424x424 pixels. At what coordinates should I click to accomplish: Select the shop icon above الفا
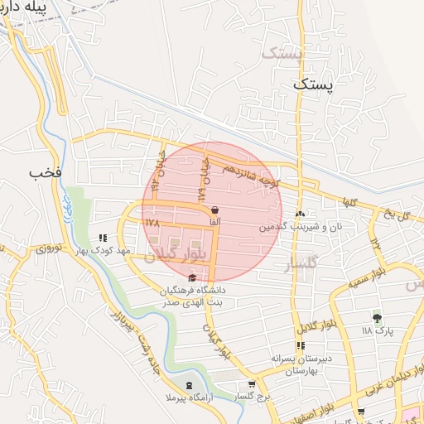(215, 210)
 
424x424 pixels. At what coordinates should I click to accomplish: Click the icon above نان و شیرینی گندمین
(301, 213)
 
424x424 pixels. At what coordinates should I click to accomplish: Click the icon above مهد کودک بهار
(103, 237)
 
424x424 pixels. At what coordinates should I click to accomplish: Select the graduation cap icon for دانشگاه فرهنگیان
(193, 278)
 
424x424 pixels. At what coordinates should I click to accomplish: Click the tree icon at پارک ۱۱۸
(378, 317)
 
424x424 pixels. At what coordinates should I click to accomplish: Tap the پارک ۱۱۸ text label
(378, 330)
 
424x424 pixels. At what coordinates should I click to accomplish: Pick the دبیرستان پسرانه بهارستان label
(302, 365)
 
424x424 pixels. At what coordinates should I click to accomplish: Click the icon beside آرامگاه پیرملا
(190, 387)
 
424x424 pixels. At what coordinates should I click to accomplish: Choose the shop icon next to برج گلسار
(252, 385)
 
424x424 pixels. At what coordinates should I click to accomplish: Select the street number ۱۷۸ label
(151, 223)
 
